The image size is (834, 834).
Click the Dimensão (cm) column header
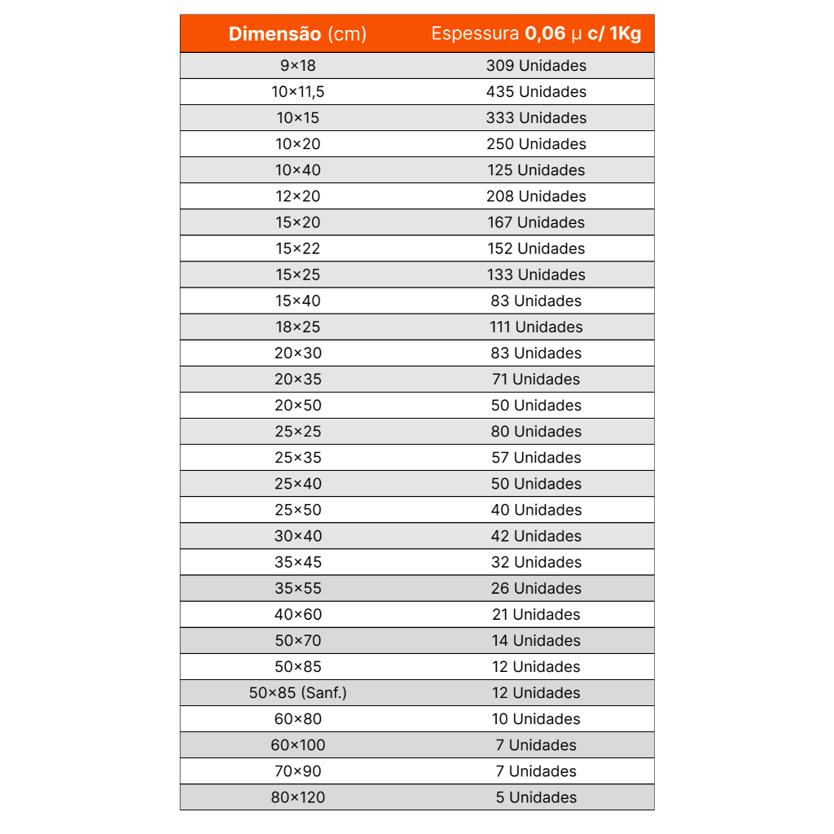297,34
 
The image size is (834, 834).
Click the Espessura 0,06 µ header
536,34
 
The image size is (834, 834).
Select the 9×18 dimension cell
297,66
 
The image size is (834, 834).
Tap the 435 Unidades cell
536,92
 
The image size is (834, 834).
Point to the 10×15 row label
297,118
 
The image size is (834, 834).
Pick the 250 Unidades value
536,144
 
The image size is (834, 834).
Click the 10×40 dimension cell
297,170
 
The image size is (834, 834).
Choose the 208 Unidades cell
536,196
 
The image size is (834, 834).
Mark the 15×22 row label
297,248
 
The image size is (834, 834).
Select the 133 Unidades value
536,274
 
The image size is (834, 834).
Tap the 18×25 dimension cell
297,327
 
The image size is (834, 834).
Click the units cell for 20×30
536,353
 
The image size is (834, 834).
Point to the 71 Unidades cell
536,379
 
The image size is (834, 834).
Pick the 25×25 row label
297,431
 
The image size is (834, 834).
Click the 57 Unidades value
536,457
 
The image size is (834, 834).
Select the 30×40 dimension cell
297,536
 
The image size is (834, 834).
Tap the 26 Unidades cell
536,588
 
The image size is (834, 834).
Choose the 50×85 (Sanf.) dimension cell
297,692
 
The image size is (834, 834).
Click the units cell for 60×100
536,744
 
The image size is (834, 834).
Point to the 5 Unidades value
536,797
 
